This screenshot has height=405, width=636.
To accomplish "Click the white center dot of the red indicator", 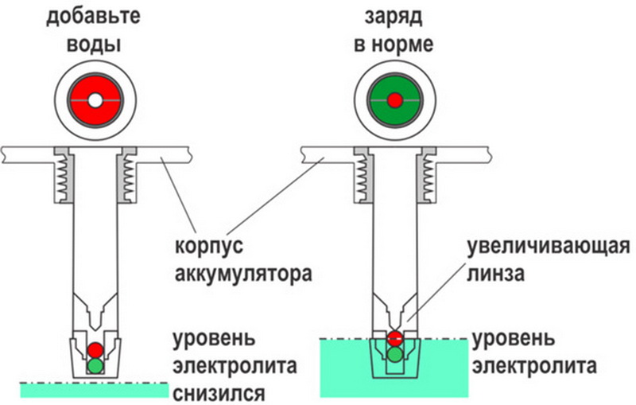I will tap(95, 101).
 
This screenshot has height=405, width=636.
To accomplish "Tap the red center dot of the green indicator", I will tap(395, 101).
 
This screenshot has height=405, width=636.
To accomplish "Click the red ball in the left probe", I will tap(95, 349).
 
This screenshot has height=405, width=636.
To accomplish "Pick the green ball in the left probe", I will tap(95, 365).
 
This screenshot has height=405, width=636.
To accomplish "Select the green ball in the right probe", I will tap(395, 355).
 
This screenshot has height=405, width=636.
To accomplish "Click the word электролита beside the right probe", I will tap(533, 368).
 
